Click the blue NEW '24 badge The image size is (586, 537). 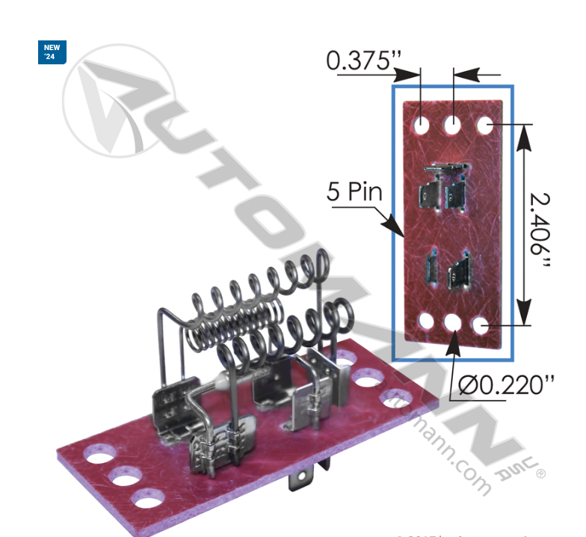click(52, 52)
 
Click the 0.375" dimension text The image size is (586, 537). click(360, 61)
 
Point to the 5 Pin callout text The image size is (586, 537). click(354, 192)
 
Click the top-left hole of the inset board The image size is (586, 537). click(422, 123)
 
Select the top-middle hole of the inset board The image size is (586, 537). click(453, 124)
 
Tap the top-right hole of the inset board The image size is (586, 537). click(484, 124)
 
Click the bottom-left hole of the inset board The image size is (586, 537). click(425, 322)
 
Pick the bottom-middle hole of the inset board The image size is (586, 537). click(454, 325)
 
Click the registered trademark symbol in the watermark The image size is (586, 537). click(540, 473)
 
